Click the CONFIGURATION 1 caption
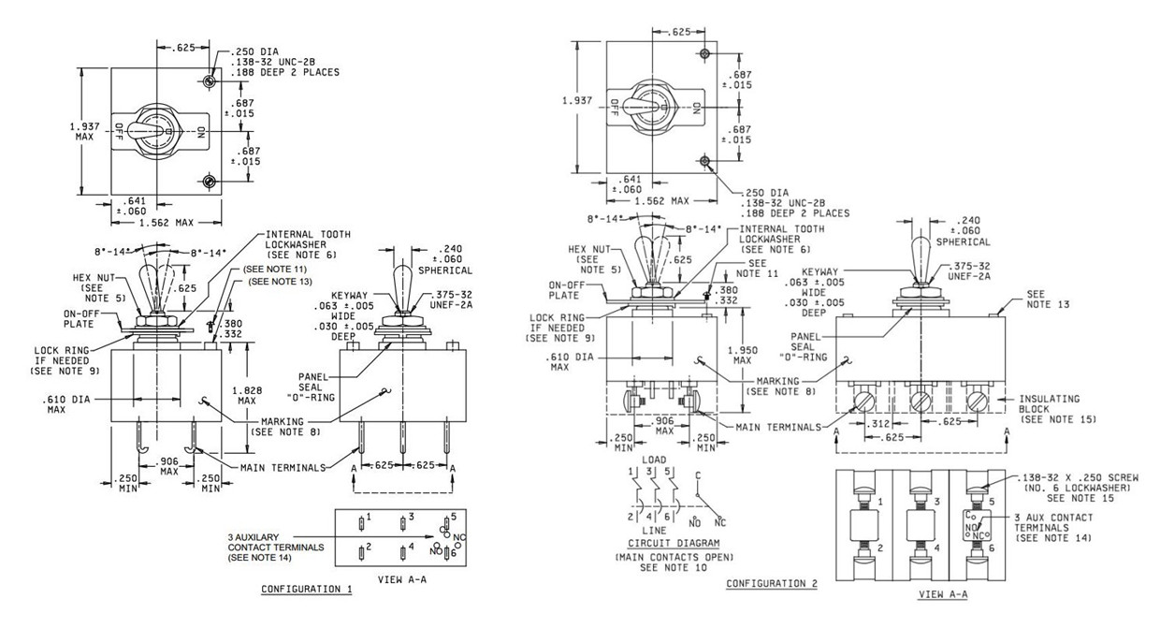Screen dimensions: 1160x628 coord(307,589)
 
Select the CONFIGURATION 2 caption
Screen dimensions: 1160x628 coord(772,583)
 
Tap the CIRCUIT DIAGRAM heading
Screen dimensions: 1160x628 coord(674,543)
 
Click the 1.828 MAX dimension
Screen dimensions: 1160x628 coord(247,395)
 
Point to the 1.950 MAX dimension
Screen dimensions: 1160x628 coord(742,355)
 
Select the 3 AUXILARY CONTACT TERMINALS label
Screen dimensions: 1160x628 coord(276,548)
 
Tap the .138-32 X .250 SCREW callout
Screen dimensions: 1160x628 coord(1080,477)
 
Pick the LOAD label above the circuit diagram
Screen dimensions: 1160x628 coord(654,460)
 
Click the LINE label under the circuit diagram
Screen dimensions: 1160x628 coord(654,531)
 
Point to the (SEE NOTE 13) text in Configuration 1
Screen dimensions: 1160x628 coord(280,282)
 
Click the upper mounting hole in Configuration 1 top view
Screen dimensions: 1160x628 coord(210,81)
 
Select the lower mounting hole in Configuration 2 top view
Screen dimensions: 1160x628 coord(704,161)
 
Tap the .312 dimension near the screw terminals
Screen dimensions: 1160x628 coord(880,424)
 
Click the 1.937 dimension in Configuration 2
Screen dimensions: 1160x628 coord(577,100)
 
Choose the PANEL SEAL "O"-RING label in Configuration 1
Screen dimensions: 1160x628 coord(311,387)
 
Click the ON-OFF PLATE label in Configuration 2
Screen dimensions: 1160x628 coord(567,290)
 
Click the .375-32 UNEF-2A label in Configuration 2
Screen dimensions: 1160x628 coord(969,271)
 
